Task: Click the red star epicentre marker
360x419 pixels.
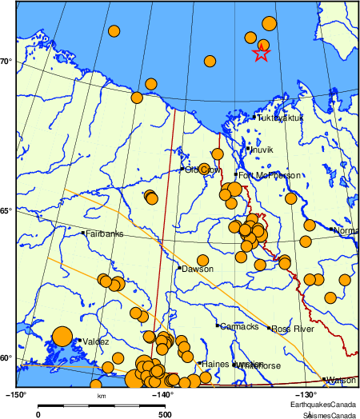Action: pos(261,54)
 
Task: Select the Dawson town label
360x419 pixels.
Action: pos(198,269)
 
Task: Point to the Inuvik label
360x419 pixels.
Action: pos(262,150)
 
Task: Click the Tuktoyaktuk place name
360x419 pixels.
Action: pos(280,118)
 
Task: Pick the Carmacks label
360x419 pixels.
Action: pos(239,326)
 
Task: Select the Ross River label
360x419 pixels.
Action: pos(291,329)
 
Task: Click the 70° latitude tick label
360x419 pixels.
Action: pos(6,61)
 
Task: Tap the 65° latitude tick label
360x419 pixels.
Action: pos(6,210)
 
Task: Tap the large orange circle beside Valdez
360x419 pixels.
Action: pos(62,337)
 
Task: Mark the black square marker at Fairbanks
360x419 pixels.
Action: pos(82,233)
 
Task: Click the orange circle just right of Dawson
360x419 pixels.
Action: pos(203,260)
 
